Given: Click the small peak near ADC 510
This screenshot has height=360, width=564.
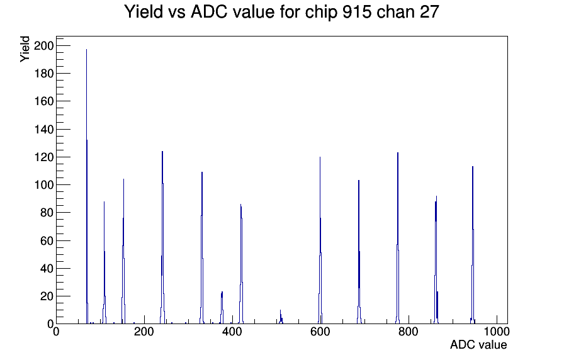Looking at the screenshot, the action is (x=281, y=317).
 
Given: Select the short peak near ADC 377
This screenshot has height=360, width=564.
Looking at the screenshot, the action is (x=222, y=308).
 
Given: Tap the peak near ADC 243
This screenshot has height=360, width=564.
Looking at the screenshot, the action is (x=162, y=237).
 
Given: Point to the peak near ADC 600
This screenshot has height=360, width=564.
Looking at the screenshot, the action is (x=320, y=240).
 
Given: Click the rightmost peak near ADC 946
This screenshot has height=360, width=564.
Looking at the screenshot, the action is (x=473, y=245).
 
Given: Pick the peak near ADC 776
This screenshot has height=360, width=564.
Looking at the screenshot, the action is (x=398, y=238).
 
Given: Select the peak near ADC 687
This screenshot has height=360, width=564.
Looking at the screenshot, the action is (x=359, y=252).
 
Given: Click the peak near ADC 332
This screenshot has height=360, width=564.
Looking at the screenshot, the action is (x=202, y=248).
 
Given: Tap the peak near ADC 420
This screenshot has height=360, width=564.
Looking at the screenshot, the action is (x=241, y=264).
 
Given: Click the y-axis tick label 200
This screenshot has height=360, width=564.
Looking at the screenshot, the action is (x=43, y=46).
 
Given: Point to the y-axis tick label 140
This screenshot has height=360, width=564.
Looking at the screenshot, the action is (x=43, y=129).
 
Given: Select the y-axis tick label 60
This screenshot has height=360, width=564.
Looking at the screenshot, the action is (x=47, y=240).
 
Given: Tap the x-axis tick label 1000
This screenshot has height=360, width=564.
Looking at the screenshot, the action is (x=497, y=331).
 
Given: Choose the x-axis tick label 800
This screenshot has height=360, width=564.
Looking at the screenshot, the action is (x=409, y=331).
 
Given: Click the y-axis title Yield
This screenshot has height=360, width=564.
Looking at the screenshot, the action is (x=25, y=49).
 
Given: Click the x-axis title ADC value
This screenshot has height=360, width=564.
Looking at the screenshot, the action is (x=478, y=344).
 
